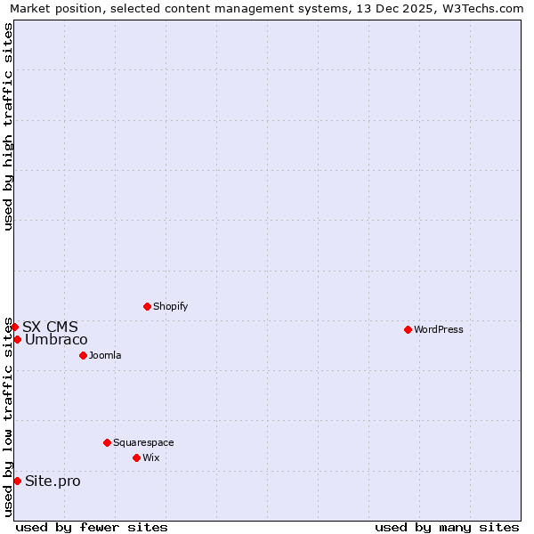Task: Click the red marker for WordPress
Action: (408, 329)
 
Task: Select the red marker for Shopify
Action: (147, 306)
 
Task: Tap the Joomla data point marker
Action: (83, 355)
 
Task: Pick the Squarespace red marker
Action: (107, 442)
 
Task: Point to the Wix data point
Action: (136, 457)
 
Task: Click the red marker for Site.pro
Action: (17, 481)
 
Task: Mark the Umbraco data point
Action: (17, 339)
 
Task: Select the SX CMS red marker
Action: (14, 327)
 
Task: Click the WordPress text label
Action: (439, 329)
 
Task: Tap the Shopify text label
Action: (170, 306)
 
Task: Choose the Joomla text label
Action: (105, 355)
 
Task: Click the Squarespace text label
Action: (143, 442)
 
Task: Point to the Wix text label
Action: (151, 457)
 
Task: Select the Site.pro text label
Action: (53, 481)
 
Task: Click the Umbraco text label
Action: (56, 339)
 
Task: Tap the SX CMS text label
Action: (50, 327)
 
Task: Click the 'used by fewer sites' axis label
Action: (92, 527)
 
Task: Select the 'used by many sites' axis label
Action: (447, 527)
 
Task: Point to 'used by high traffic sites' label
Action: (8, 126)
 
